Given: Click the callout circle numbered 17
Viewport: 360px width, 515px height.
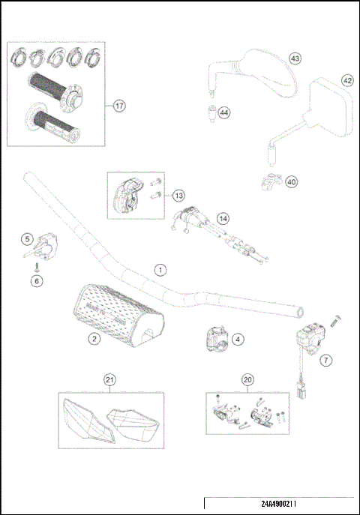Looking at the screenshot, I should click(x=119, y=106).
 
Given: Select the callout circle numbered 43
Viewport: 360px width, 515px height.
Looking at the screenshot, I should click(x=295, y=58).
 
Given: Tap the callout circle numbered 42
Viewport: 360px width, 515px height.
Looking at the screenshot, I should click(x=347, y=80).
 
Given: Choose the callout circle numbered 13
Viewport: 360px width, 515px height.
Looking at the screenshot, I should click(x=178, y=195).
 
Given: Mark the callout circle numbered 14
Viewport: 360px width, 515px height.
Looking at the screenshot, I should click(x=223, y=218).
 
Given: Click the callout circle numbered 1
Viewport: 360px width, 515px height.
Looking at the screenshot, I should click(x=159, y=268).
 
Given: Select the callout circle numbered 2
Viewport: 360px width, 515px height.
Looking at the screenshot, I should click(x=94, y=339).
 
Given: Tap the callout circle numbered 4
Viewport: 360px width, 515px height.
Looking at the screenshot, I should click(x=237, y=339).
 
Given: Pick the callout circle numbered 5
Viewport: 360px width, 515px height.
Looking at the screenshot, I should click(x=26, y=239).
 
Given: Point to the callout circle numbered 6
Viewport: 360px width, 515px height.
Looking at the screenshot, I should click(x=35, y=280).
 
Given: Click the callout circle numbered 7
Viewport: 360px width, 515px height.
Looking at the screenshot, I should click(x=325, y=361).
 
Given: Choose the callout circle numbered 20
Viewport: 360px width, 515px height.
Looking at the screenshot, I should click(x=247, y=379).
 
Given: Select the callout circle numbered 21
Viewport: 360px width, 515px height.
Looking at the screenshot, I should click(x=109, y=379).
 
